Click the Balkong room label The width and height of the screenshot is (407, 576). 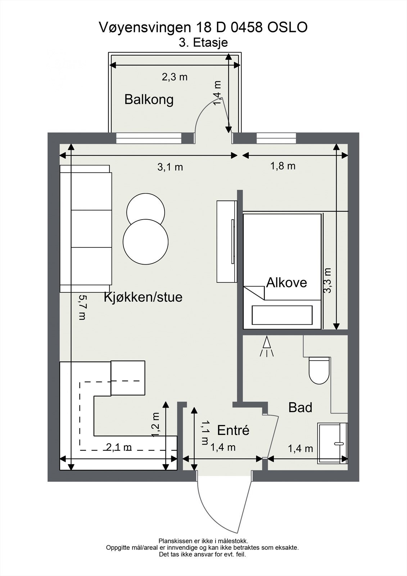pyautogui.click(x=149, y=99)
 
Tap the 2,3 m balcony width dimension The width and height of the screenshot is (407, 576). pyautogui.click(x=175, y=77)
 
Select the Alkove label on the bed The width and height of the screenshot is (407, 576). pyautogui.click(x=286, y=283)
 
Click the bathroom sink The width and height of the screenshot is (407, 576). pyautogui.click(x=332, y=443)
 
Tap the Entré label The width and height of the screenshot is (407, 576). pyautogui.click(x=233, y=430)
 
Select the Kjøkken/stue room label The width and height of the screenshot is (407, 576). pyautogui.click(x=143, y=297)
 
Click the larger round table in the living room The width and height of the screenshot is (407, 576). pyautogui.click(x=146, y=242)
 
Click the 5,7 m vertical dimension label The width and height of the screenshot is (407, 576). pyautogui.click(x=82, y=307)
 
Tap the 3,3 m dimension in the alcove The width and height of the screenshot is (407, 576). pyautogui.click(x=327, y=280)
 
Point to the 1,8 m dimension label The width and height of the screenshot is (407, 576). pyautogui.click(x=283, y=166)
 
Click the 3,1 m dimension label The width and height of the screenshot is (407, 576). pyautogui.click(x=170, y=167)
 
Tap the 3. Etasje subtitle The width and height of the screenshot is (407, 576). pyautogui.click(x=203, y=43)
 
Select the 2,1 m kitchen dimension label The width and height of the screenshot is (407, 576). pyautogui.click(x=119, y=447)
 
